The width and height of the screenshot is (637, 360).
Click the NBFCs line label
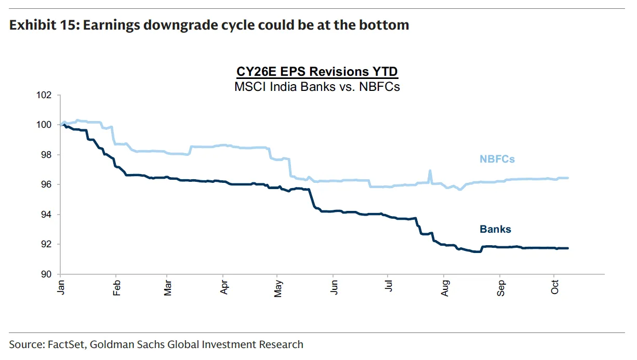coord(497,159)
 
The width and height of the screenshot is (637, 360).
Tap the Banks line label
coord(495,229)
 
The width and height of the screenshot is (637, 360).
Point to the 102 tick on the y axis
coord(45,95)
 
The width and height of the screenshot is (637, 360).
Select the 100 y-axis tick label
coord(45,125)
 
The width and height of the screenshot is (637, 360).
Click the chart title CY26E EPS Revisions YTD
coord(317,72)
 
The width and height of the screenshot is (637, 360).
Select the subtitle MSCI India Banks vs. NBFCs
coord(317,86)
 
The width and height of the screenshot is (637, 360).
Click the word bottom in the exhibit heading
coord(386,25)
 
